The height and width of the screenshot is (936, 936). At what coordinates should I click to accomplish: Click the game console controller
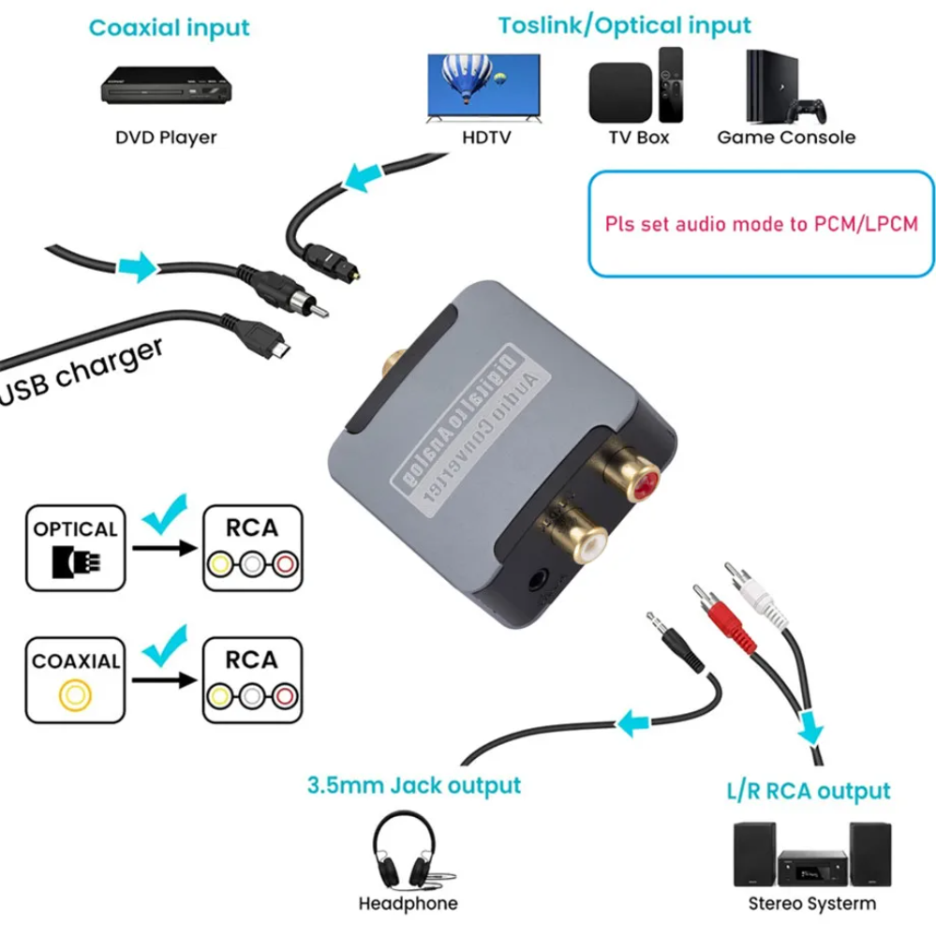(807, 111)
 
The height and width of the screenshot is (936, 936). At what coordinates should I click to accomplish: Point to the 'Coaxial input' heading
(170, 27)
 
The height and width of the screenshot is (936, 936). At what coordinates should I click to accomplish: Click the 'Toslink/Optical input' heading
(624, 24)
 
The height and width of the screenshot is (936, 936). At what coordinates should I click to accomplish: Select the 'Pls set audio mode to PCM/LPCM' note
(759, 224)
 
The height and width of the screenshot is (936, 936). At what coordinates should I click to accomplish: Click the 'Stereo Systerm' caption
(811, 903)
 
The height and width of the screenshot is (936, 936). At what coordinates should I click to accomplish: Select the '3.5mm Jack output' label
(413, 783)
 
